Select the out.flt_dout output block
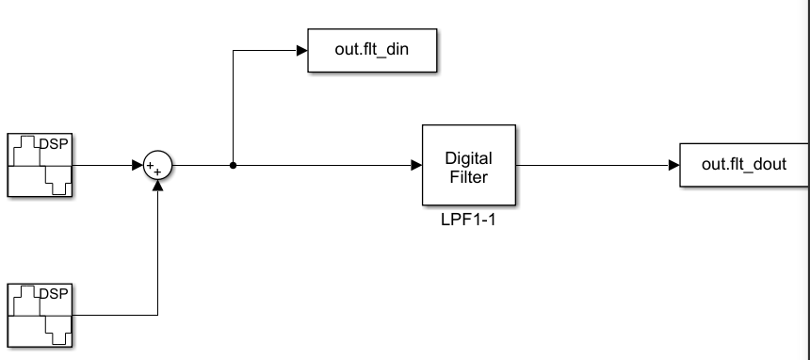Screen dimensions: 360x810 pos(744,166)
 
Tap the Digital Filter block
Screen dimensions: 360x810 pos(468,166)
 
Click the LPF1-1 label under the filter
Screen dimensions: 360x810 pos(468,223)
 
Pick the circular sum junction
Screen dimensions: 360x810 pos(157,167)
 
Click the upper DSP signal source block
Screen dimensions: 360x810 pos(41,166)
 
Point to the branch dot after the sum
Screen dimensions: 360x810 pos(233,167)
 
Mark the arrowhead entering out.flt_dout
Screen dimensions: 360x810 pos(673,166)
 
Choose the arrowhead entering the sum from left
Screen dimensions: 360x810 pos(138,167)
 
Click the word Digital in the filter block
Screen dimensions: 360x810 pos(468,158)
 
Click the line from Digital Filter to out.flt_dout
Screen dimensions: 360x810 pos(593,166)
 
